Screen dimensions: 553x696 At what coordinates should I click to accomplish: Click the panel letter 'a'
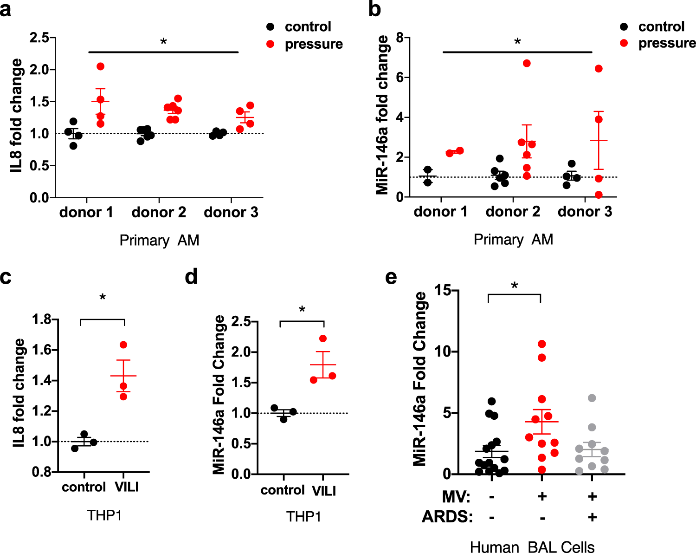point(6,9)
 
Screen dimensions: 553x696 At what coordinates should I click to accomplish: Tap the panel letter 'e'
point(391,277)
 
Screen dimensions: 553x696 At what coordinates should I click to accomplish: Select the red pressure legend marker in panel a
point(271,44)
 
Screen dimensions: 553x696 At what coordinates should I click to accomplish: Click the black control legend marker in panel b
point(624,26)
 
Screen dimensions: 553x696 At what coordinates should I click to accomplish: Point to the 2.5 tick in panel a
point(39,38)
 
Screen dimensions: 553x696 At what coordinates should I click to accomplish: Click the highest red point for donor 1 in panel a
point(101,66)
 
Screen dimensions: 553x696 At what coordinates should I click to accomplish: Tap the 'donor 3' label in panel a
point(231,212)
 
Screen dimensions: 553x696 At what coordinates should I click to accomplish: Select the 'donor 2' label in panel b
point(513,212)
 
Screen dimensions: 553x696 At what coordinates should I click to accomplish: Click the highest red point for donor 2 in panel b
point(527,63)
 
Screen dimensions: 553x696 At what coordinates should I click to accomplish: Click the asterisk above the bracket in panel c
point(103,298)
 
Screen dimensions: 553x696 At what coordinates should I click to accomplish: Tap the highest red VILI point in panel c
point(123,345)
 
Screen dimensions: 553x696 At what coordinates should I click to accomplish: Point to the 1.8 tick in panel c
point(41,319)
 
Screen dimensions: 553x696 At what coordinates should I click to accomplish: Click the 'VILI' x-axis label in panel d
point(324,490)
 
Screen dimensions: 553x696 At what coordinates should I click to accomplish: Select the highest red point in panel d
point(323,338)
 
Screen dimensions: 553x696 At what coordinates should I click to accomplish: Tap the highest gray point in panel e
point(592,398)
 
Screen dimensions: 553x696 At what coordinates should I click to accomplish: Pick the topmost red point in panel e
point(541,344)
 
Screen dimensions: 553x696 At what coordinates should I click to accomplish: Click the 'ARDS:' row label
point(447,517)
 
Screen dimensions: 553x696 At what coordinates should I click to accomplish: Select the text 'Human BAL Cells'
point(532,546)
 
